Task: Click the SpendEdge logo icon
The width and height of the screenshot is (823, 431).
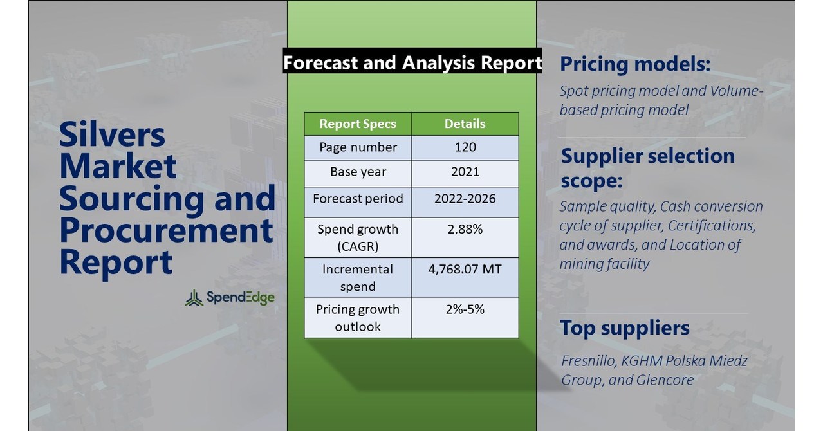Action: click(x=194, y=298)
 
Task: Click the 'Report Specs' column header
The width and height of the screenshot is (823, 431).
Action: click(x=358, y=124)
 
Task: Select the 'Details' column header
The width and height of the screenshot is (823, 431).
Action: click(x=465, y=124)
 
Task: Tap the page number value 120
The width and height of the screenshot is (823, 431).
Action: click(x=465, y=147)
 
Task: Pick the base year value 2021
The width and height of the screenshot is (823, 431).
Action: click(x=465, y=172)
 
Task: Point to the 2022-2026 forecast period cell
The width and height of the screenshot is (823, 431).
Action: click(x=465, y=198)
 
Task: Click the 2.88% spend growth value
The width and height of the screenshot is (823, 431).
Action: click(x=465, y=229)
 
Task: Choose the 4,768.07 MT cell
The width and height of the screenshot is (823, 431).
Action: click(x=465, y=269)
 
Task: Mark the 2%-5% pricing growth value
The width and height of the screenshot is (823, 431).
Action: click(x=465, y=309)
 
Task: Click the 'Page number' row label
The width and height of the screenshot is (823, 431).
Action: click(x=358, y=147)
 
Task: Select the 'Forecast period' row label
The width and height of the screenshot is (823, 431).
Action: click(x=358, y=198)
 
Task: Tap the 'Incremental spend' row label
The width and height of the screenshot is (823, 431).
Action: click(x=358, y=277)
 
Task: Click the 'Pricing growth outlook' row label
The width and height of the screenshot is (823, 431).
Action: click(x=358, y=318)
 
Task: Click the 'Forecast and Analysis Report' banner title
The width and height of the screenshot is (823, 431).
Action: click(x=412, y=62)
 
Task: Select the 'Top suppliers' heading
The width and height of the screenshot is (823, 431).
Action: click(x=624, y=327)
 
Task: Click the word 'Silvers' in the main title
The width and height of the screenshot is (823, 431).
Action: click(x=112, y=135)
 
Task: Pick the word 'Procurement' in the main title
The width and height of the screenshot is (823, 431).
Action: click(x=166, y=230)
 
